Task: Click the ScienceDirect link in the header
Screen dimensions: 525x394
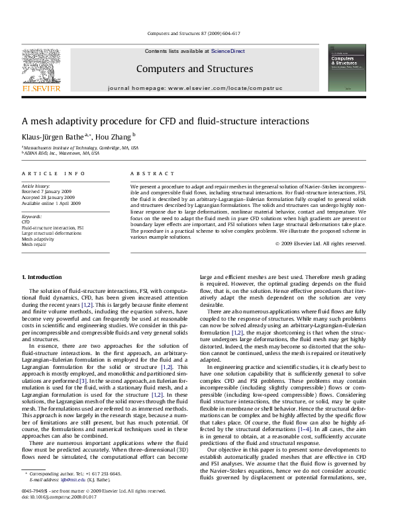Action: coord(228,51)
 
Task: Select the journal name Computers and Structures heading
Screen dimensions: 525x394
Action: coord(194,69)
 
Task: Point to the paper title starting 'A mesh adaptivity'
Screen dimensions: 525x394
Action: coord(165,121)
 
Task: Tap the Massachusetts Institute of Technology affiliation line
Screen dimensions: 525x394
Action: coord(81,148)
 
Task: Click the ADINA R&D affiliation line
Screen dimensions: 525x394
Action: coord(62,153)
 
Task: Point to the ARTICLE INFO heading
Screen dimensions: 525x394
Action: coord(54,173)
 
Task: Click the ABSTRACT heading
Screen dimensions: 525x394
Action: coord(148,173)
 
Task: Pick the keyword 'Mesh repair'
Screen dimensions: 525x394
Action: coord(34,244)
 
